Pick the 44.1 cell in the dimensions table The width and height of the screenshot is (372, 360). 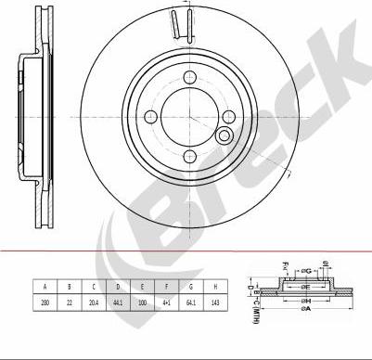point(119,302)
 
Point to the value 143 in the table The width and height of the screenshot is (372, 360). point(217,302)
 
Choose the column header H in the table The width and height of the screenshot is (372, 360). point(217,287)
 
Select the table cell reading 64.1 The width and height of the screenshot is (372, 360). point(192,302)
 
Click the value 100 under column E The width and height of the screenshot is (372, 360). point(143,302)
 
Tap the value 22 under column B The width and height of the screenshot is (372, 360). point(69,302)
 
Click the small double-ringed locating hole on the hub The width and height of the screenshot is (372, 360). point(223,137)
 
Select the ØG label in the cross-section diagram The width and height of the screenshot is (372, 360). point(306,272)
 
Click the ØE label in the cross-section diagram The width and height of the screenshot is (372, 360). point(305,287)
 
